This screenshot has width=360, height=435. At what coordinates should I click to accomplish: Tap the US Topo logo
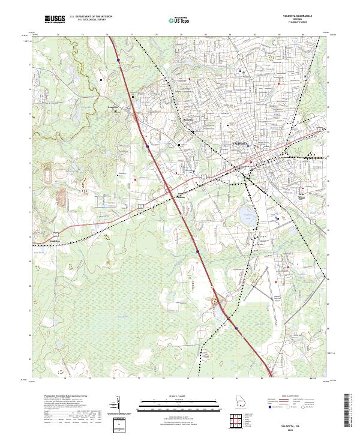[175, 20]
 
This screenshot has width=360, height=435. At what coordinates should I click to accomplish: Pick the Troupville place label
[114, 108]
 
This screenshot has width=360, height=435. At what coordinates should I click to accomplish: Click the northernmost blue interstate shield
[119, 60]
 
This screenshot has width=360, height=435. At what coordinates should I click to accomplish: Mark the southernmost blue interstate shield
[236, 328]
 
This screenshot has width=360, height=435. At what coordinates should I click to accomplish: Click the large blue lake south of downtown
[246, 214]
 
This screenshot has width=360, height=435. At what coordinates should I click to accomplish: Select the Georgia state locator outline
[240, 403]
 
